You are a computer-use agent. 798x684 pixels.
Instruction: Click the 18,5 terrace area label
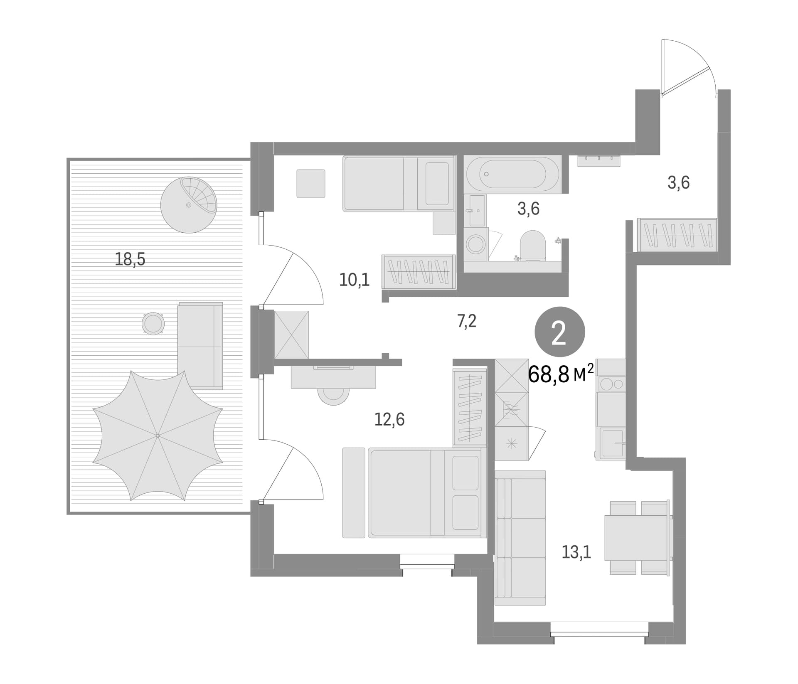tap(130, 259)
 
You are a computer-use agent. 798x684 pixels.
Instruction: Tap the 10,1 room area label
tap(354, 280)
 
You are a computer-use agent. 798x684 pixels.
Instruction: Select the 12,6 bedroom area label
tap(389, 420)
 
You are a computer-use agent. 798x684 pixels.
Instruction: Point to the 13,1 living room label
tap(576, 552)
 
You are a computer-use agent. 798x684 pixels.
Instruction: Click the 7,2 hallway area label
tap(467, 321)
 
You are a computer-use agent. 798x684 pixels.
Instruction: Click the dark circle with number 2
tap(559, 332)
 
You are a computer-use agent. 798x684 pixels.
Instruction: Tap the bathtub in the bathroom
tap(512, 174)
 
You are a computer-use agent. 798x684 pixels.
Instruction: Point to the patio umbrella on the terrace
tap(158, 435)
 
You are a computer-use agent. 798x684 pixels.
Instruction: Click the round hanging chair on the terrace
tap(189, 205)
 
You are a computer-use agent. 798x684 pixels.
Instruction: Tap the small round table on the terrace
tap(153, 323)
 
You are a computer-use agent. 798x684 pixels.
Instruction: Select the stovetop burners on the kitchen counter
tap(611, 384)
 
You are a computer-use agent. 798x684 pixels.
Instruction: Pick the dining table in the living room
tap(638, 538)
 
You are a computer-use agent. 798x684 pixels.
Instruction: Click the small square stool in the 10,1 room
tap(311, 184)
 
